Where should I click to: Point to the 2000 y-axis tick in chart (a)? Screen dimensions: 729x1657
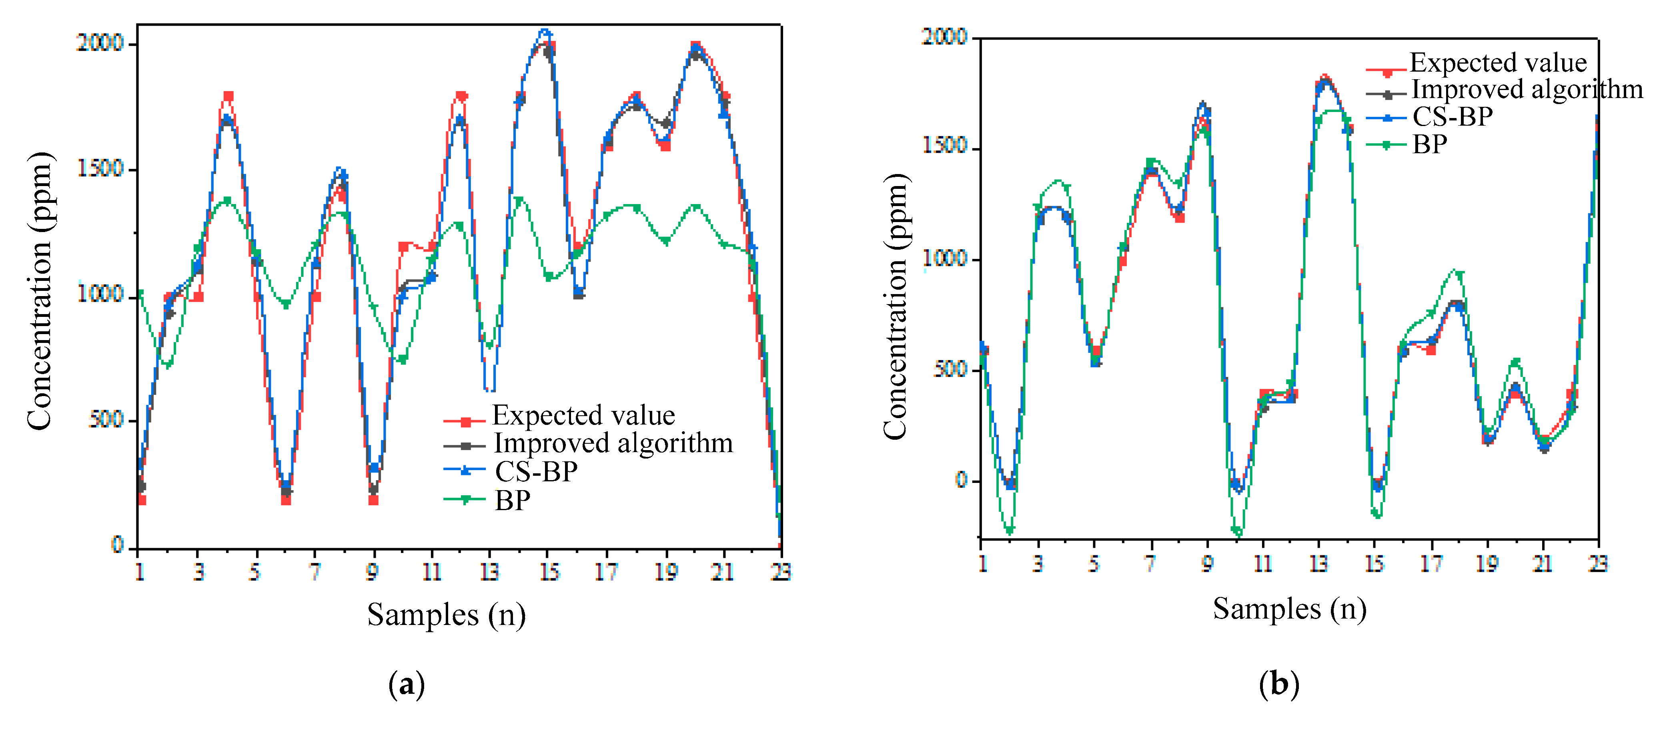click(100, 43)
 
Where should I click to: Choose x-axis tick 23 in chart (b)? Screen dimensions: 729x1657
click(1598, 564)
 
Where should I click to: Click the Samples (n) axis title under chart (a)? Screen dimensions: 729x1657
click(447, 615)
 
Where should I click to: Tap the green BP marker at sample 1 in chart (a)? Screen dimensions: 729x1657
click(140, 293)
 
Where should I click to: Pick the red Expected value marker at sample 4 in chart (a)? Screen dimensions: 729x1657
click(228, 96)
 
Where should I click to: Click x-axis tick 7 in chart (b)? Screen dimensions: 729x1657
click(1150, 564)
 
